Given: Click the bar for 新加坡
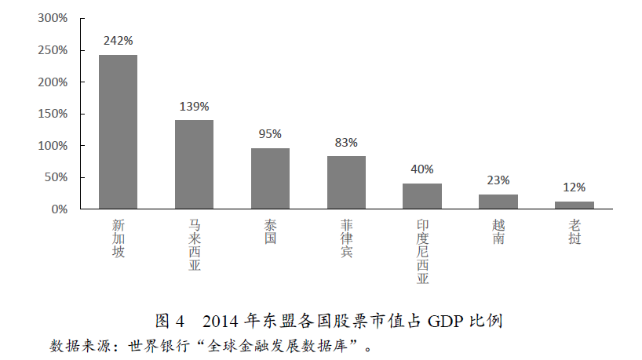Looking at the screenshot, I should click(x=118, y=132).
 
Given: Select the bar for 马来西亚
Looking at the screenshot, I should click(x=194, y=165).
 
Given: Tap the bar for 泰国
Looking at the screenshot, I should click(x=270, y=179).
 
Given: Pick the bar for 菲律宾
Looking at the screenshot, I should click(x=346, y=183).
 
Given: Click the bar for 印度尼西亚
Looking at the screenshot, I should click(x=422, y=196).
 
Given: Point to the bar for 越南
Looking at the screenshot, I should click(x=498, y=202).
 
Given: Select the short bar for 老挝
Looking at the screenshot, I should click(x=575, y=205).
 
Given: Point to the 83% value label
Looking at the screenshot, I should click(x=346, y=143).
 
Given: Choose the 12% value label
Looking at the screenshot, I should click(x=575, y=188).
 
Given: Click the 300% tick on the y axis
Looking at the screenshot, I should click(x=53, y=19).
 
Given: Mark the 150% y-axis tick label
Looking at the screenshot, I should click(x=53, y=115).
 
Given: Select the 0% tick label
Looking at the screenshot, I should click(x=60, y=209).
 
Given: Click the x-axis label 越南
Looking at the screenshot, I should click(x=498, y=232).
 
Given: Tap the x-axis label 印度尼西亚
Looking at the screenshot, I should click(x=422, y=252).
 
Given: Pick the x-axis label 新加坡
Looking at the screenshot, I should click(x=118, y=238).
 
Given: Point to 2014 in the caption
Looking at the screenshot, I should click(x=221, y=321).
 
